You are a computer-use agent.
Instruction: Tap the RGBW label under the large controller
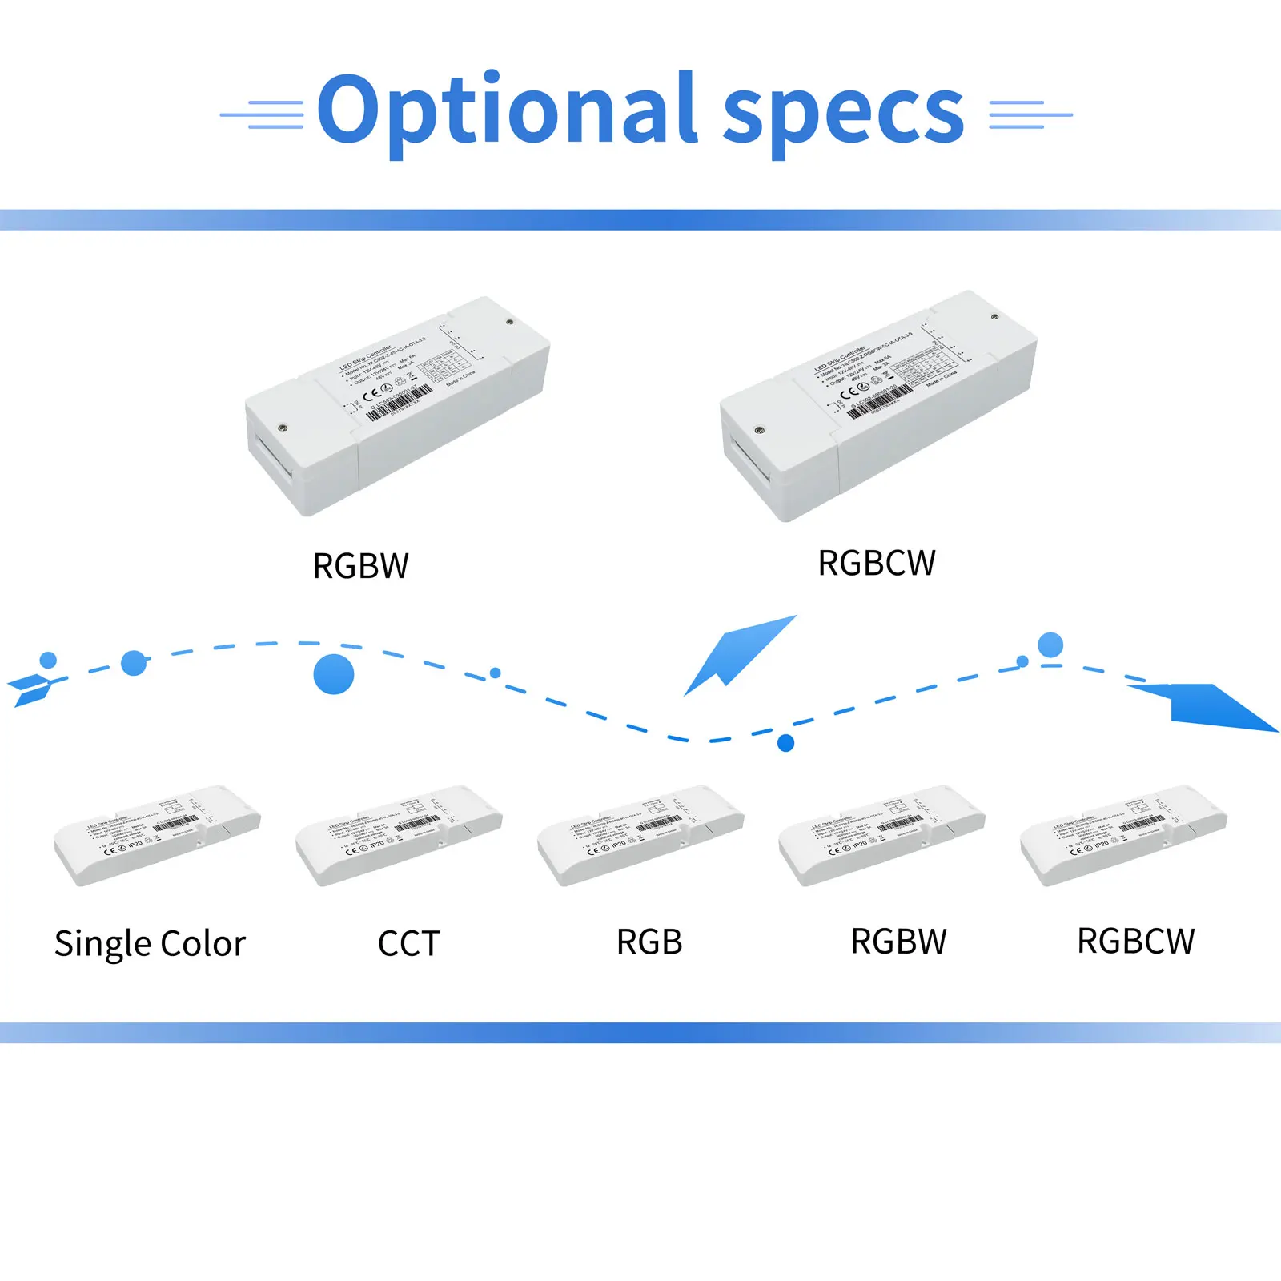[360, 566]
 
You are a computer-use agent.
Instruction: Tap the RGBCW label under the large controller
[876, 563]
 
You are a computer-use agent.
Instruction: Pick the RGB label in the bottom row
[649, 942]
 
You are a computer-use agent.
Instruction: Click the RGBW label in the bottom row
[898, 942]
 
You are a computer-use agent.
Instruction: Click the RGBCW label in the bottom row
[1135, 942]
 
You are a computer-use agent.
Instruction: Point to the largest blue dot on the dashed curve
[334, 673]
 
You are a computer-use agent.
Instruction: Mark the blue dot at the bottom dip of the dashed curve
[786, 743]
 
